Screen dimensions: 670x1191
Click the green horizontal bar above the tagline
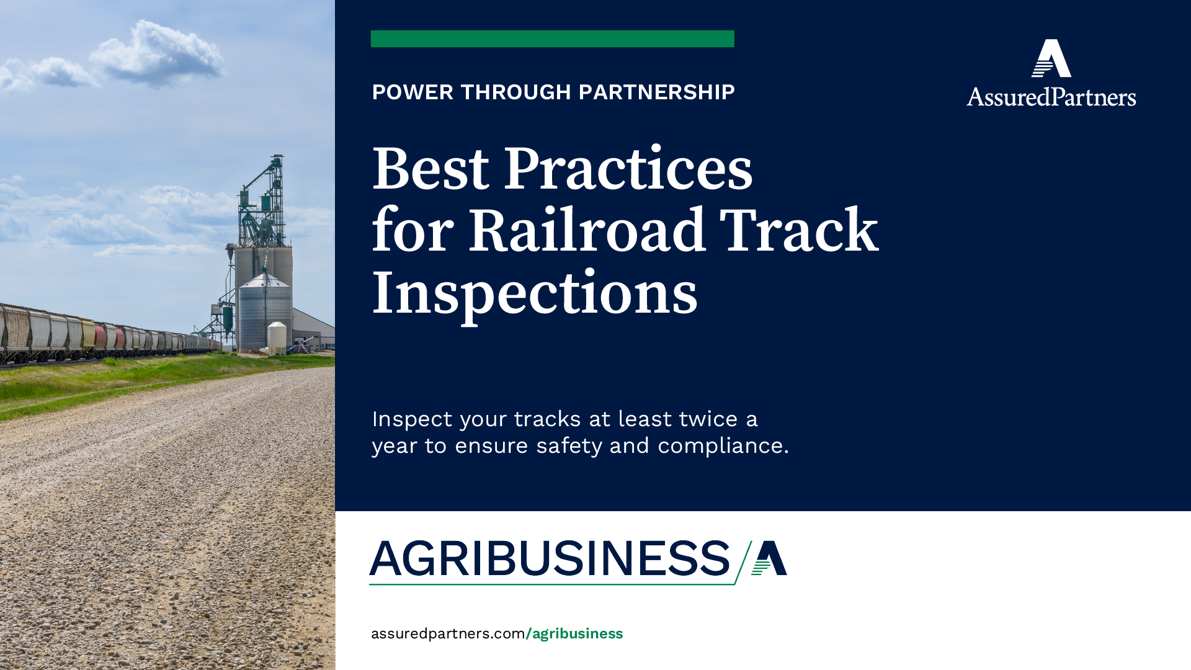(552, 38)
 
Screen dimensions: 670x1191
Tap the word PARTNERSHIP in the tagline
(656, 92)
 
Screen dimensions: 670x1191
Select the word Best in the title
(430, 169)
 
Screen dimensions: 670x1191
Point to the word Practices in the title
(628, 169)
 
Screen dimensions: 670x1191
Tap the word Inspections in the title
(535, 293)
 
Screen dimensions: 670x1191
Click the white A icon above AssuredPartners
(1051, 58)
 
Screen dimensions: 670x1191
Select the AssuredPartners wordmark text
(1051, 97)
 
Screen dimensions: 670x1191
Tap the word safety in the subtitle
(569, 446)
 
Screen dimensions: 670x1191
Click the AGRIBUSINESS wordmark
(550, 559)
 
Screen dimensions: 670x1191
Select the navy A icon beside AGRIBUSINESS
(770, 558)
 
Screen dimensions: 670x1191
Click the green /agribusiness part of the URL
(574, 633)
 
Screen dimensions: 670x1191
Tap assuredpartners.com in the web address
(448, 633)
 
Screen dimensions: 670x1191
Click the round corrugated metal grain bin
(265, 313)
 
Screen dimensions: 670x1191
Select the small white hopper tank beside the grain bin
(277, 336)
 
